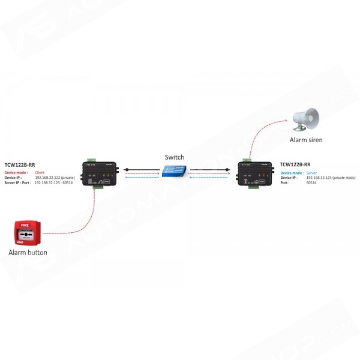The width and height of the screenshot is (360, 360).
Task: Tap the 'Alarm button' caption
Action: (x=28, y=253)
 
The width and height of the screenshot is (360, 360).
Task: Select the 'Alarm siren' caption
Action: (x=307, y=140)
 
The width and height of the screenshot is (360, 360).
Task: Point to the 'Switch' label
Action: (x=175, y=157)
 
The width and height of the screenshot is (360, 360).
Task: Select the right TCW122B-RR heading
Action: (x=295, y=164)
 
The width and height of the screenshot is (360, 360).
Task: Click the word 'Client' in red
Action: (x=40, y=172)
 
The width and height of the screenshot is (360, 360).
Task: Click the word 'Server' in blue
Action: (x=313, y=173)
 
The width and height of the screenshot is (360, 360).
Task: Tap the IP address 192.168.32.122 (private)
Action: (x=55, y=178)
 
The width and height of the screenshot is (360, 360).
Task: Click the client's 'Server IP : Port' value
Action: (x=55, y=182)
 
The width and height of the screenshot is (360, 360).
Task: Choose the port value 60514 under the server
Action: (x=310, y=182)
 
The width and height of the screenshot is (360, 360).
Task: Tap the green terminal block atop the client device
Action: (x=91, y=160)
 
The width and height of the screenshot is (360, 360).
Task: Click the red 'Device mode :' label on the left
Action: (x=17, y=172)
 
